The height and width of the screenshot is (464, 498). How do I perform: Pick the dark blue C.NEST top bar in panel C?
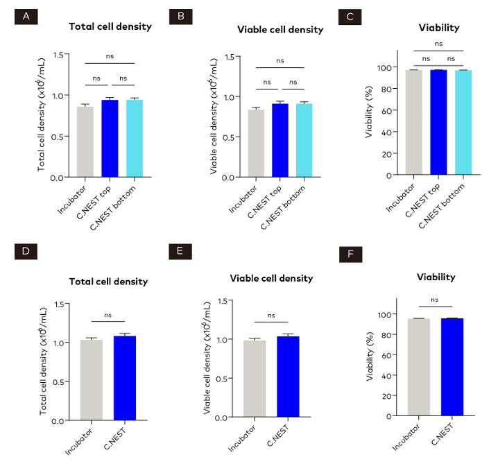[x=437, y=121]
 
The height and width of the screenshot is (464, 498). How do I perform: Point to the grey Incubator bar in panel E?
[x=255, y=379]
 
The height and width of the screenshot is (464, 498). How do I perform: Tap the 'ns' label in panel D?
[x=108, y=315]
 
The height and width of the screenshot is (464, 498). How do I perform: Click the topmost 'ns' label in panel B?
[x=280, y=60]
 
